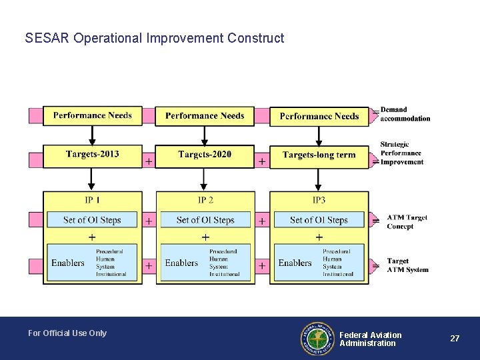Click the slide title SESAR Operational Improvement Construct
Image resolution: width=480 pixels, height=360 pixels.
point(154,38)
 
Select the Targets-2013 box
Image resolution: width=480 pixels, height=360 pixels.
point(92,155)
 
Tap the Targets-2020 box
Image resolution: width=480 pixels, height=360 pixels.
point(205,155)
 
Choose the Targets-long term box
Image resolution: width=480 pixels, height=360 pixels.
point(319,155)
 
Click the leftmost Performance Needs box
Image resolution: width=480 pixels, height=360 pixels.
point(92,115)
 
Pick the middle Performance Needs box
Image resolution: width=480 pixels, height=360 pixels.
point(205,115)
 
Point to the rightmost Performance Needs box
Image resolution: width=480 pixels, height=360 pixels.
point(319,116)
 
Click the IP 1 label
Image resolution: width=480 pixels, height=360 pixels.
point(92,200)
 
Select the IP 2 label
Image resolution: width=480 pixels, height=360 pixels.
point(205,200)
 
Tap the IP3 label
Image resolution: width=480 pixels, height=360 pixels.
point(319,200)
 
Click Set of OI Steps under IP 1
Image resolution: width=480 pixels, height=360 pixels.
point(92,220)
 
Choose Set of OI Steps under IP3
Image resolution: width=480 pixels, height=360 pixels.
point(319,220)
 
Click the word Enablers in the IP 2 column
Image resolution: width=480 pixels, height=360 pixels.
point(181,263)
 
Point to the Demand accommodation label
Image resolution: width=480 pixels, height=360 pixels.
point(405,114)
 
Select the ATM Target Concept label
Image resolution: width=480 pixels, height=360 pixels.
point(407,221)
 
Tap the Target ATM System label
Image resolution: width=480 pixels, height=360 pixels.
point(407,265)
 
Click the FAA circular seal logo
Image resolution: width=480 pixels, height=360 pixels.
point(317,338)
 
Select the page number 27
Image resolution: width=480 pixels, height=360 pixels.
point(455,339)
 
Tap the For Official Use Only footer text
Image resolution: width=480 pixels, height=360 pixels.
point(67,333)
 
